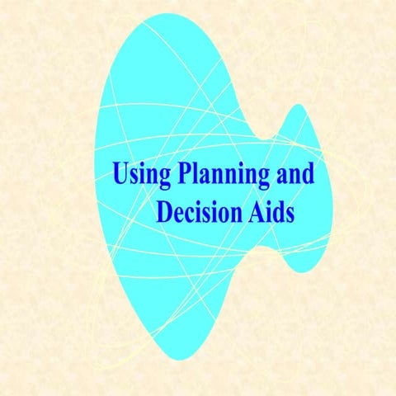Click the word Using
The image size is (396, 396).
(x=139, y=176)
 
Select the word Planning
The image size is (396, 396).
(x=224, y=176)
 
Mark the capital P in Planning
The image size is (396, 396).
(x=182, y=173)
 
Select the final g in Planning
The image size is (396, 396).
(x=266, y=178)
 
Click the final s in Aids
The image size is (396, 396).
(x=289, y=214)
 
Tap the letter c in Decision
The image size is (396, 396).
(x=190, y=214)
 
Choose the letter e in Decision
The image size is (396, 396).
(x=178, y=214)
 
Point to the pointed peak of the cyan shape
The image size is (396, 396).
(x=295, y=106)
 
